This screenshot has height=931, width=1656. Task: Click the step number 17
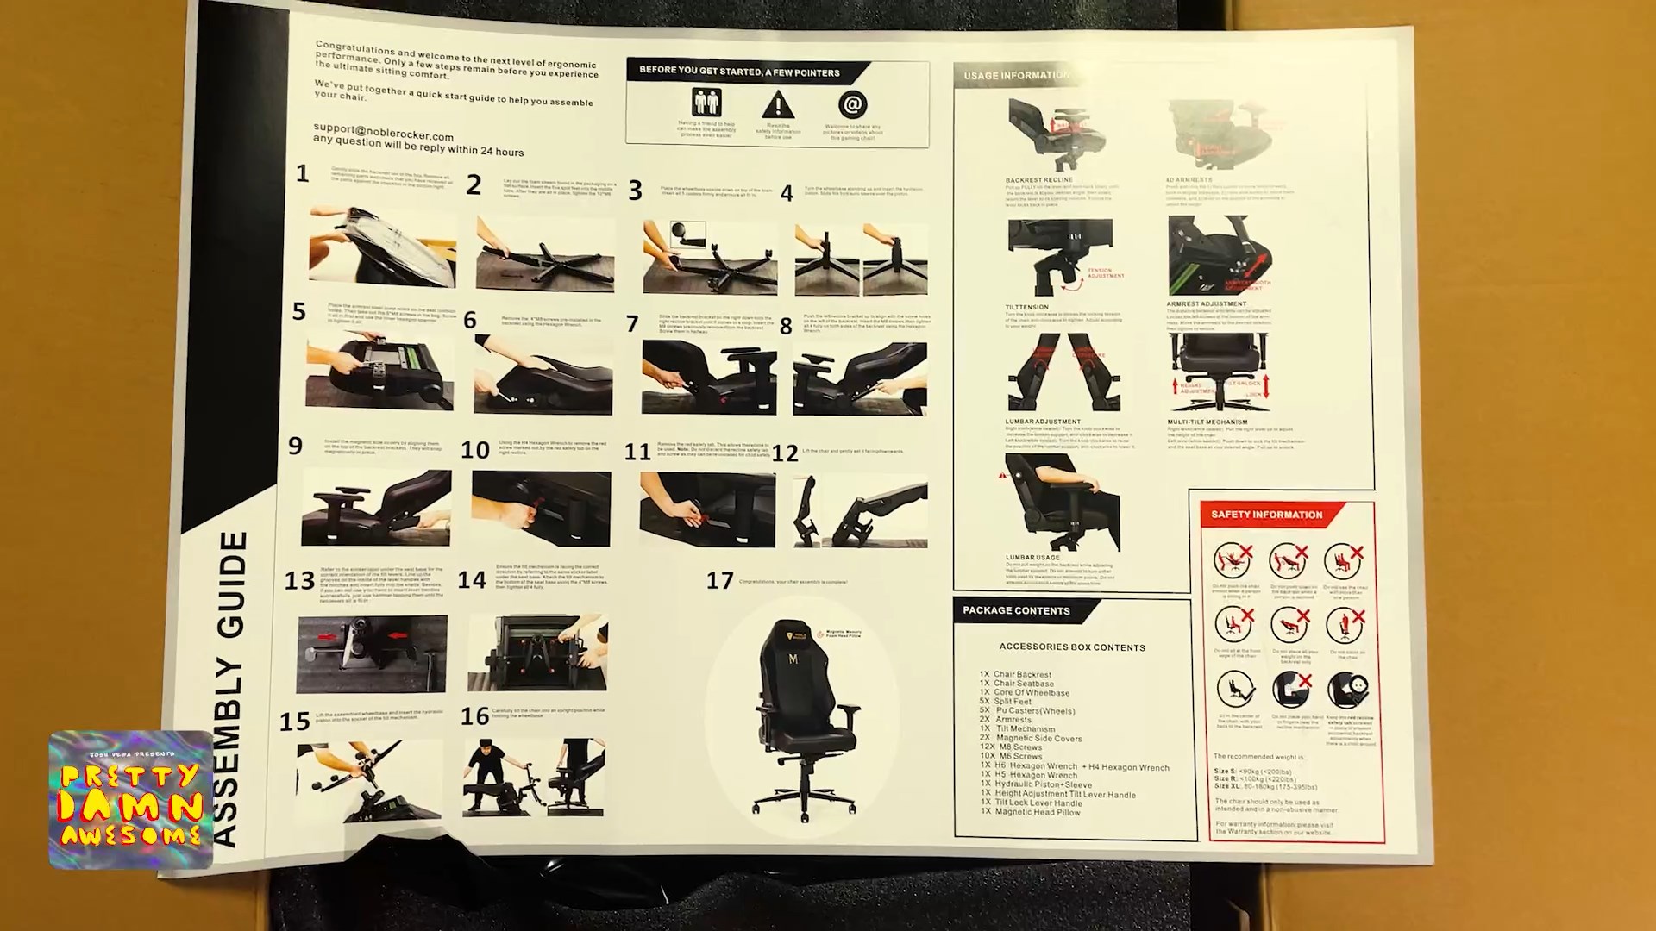coord(719,581)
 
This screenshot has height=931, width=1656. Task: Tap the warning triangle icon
coord(777,105)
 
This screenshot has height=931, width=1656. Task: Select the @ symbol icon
coord(852,105)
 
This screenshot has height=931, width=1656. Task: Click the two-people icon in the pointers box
coord(706,103)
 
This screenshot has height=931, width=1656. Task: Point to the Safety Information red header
coord(1266,515)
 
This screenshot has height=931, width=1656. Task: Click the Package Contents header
coord(1016,610)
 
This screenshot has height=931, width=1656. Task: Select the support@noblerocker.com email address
coord(383,132)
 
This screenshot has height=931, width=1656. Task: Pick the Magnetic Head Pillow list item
coord(1037,812)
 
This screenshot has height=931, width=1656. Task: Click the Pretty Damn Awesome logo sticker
coord(131,799)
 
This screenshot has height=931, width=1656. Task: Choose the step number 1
coord(302,174)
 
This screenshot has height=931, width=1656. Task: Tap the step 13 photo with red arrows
coord(372,653)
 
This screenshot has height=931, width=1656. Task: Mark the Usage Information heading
coord(1016,76)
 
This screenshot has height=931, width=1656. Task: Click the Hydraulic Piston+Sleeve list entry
coord(1043,784)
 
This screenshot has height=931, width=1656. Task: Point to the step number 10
coord(475,450)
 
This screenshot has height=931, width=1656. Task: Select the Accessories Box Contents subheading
coord(1072,647)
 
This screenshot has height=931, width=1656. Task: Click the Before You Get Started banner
coord(739,72)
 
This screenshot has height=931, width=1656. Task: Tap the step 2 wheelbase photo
coord(545,254)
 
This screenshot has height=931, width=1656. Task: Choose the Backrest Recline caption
coord(1038,181)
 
